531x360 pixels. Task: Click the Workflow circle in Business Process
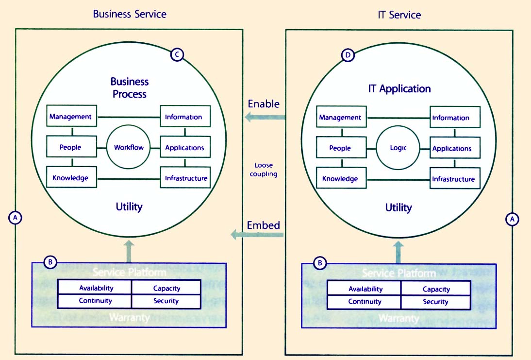click(129, 147)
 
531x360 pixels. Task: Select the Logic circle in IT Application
click(398, 148)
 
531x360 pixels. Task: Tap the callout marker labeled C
click(177, 55)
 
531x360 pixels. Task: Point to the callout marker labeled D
click(347, 55)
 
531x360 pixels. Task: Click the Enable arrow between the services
click(265, 117)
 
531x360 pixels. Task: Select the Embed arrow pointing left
click(257, 235)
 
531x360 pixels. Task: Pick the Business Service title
click(130, 14)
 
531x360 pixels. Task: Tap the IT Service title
click(399, 15)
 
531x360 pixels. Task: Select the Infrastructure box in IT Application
click(453, 179)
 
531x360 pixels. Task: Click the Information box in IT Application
click(451, 118)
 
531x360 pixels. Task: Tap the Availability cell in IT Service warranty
click(365, 289)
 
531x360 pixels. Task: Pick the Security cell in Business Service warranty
click(166, 301)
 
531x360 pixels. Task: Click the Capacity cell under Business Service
click(166, 288)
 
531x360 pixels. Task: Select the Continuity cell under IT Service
click(365, 302)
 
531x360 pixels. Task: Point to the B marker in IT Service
click(320, 263)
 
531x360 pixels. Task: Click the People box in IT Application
click(340, 148)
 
